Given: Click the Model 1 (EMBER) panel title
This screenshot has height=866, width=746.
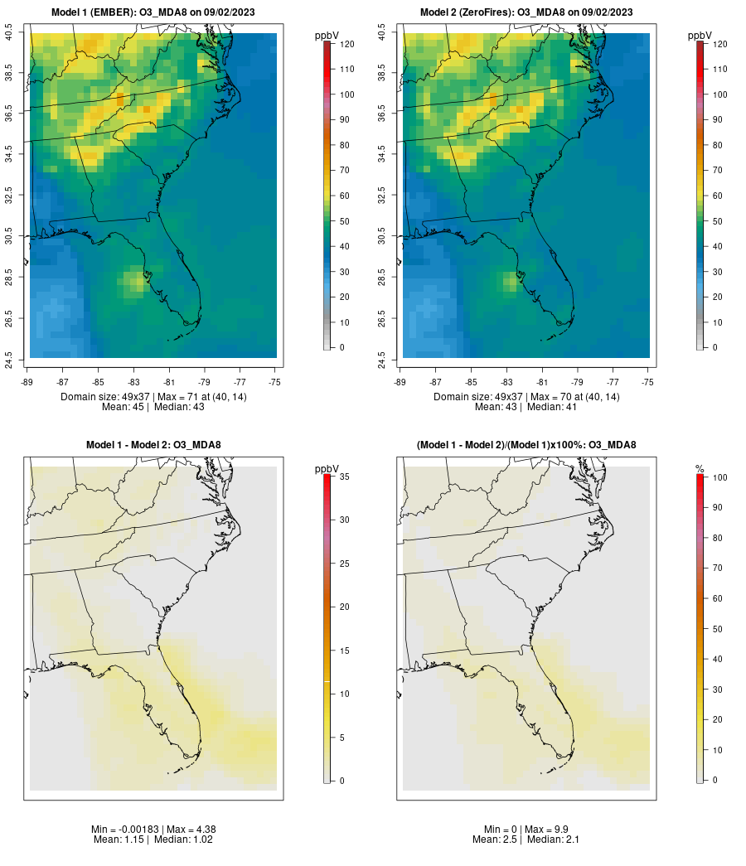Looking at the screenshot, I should pyautogui.click(x=153, y=12).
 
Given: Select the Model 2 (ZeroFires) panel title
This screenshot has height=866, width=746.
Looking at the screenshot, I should pyautogui.click(x=526, y=12).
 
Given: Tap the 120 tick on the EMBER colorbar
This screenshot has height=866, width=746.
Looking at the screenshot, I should pyautogui.click(x=343, y=44).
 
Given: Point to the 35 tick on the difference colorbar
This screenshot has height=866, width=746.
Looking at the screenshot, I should pyautogui.click(x=343, y=477).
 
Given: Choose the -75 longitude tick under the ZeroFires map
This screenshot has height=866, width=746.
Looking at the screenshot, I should pyautogui.click(x=648, y=383).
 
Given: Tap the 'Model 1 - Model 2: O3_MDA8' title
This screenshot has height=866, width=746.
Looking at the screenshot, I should pyautogui.click(x=153, y=445).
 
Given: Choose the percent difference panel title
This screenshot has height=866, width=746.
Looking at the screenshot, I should pyautogui.click(x=526, y=445).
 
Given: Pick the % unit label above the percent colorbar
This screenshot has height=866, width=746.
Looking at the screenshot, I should pyautogui.click(x=700, y=469).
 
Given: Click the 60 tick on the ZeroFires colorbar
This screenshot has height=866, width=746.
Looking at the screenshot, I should pyautogui.click(x=716, y=196).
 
